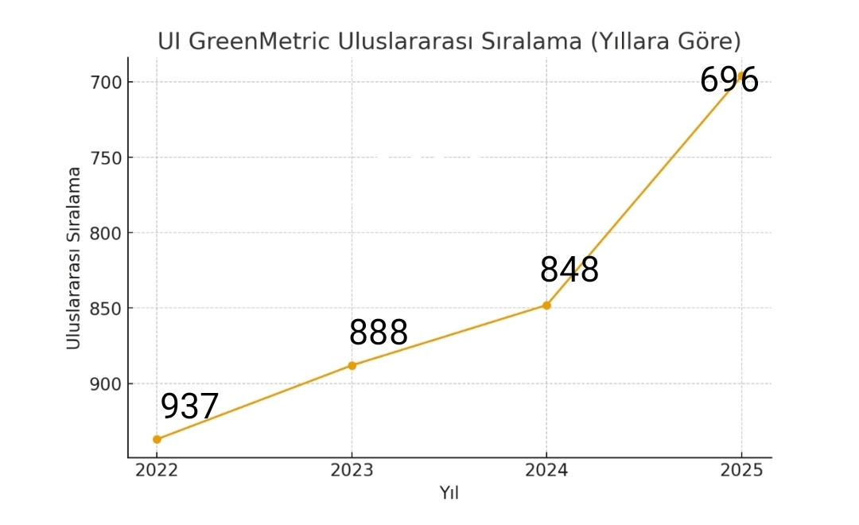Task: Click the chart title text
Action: (449, 41)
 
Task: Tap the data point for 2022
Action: (157, 439)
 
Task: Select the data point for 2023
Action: (352, 365)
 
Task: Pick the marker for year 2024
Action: (546, 305)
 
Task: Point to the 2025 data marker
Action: (741, 76)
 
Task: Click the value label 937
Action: (189, 406)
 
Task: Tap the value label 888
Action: (379, 332)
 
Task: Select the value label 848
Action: (569, 270)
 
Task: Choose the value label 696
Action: (729, 80)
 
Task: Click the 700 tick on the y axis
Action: (107, 82)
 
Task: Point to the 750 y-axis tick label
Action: (107, 157)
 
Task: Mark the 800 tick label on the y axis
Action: (107, 233)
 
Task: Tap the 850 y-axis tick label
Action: (107, 309)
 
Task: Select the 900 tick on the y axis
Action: (107, 384)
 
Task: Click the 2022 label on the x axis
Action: (157, 470)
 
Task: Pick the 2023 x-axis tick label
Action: (352, 470)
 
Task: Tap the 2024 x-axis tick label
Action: (546, 470)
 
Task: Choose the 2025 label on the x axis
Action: (741, 470)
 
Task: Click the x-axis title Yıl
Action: (449, 493)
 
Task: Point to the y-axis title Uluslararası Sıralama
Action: (74, 258)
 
